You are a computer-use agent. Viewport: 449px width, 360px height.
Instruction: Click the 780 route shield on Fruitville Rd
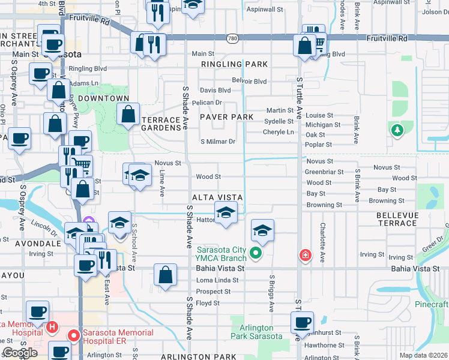[232, 38]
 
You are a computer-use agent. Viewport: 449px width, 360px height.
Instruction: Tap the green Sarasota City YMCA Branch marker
[256, 253]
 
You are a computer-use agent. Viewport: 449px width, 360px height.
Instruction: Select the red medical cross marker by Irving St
[306, 255]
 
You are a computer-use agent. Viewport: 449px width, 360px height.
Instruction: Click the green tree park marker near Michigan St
[396, 130]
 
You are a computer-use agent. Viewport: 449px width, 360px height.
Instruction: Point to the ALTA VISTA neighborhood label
[217, 197]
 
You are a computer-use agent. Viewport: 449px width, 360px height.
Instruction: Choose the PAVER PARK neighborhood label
[226, 116]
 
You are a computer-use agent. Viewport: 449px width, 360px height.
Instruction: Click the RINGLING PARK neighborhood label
[234, 64]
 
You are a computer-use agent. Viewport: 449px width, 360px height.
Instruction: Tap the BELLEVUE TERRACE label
[396, 218]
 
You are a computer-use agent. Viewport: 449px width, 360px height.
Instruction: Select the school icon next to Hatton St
[226, 213]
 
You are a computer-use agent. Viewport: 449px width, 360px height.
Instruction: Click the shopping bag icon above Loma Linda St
[165, 275]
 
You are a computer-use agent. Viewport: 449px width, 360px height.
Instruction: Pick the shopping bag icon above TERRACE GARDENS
[128, 114]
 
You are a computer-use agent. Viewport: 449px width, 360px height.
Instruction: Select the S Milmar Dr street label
[218, 142]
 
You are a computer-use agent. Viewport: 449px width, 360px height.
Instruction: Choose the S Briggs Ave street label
[271, 294]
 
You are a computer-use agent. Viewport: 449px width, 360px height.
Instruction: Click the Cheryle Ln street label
[279, 132]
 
